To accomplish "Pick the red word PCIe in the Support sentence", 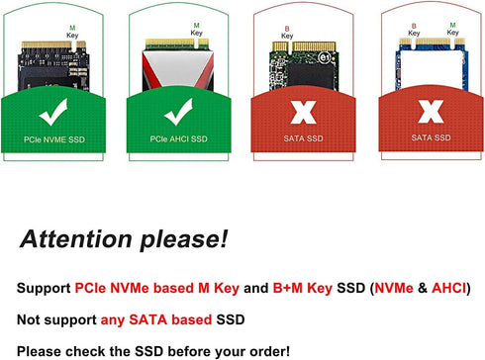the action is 91,289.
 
